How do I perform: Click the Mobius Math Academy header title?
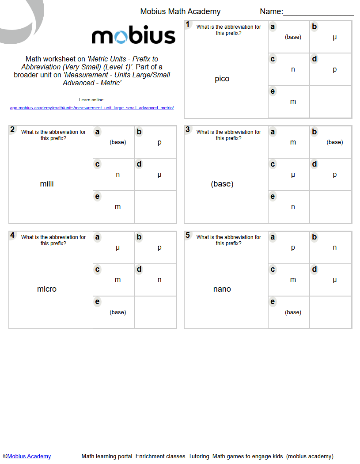[x=180, y=11]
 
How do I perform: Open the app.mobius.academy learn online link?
[x=92, y=108]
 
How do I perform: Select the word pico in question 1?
[x=222, y=79]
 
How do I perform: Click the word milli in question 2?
[x=47, y=184]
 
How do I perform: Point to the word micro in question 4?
[x=47, y=289]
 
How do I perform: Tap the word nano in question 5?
[x=222, y=289]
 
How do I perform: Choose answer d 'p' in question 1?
[x=334, y=69]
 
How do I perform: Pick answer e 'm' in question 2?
[x=117, y=207]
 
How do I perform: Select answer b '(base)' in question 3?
[x=334, y=142]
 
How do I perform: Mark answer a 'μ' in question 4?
[x=117, y=247]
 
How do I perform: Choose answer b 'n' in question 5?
[x=334, y=247]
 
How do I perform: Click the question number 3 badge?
[x=188, y=129]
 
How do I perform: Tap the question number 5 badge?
[x=188, y=235]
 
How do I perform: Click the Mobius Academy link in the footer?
[x=29, y=456]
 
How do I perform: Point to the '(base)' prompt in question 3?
[x=222, y=184]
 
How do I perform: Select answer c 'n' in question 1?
[x=293, y=69]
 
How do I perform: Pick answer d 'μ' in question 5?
[x=334, y=280]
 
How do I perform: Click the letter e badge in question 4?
[x=97, y=302]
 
